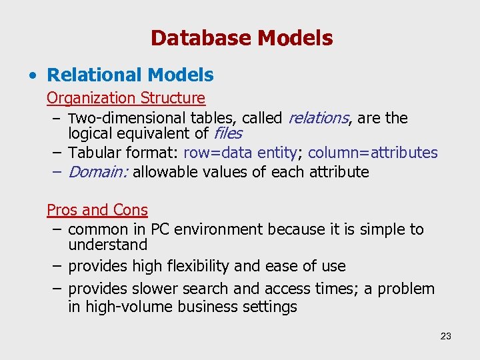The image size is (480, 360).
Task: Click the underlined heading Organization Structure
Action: [x=125, y=98]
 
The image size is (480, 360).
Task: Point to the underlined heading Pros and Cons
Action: [x=97, y=210]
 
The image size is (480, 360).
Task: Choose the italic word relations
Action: [x=318, y=118]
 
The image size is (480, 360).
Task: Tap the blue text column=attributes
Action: [x=373, y=153]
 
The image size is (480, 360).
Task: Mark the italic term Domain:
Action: [x=98, y=172]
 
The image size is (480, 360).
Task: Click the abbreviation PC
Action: [x=159, y=229]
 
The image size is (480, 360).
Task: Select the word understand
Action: [x=107, y=245]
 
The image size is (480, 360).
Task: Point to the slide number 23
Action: [x=445, y=336]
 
